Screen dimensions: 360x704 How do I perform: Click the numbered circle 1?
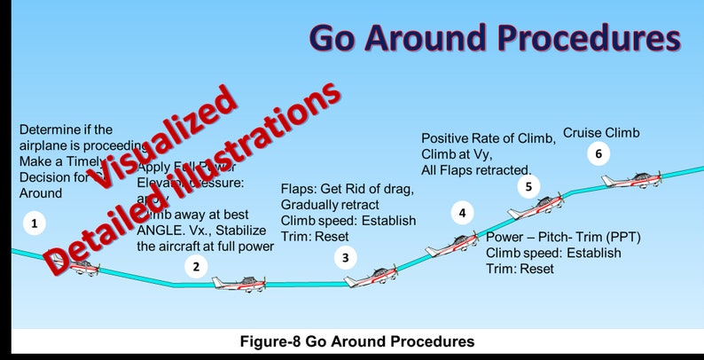[x=34, y=223]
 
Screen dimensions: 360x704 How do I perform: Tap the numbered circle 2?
[x=197, y=265]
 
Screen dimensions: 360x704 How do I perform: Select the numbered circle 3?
[x=346, y=258]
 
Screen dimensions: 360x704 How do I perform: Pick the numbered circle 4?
[x=461, y=213]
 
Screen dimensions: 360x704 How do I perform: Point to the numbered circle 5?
[x=528, y=186]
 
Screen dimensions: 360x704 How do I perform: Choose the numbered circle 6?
[x=598, y=154]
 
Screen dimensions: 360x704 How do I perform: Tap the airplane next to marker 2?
[x=239, y=283]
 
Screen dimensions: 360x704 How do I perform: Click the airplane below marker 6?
[x=632, y=180]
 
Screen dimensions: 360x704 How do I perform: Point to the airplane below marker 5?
[x=536, y=207]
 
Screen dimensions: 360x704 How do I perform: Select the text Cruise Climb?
[x=601, y=133]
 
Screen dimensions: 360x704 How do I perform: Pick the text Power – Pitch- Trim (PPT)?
[x=564, y=238]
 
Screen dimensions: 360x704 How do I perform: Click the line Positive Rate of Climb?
[x=488, y=138]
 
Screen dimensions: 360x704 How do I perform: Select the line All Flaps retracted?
[x=476, y=169]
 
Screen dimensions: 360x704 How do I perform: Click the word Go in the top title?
[x=340, y=37]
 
